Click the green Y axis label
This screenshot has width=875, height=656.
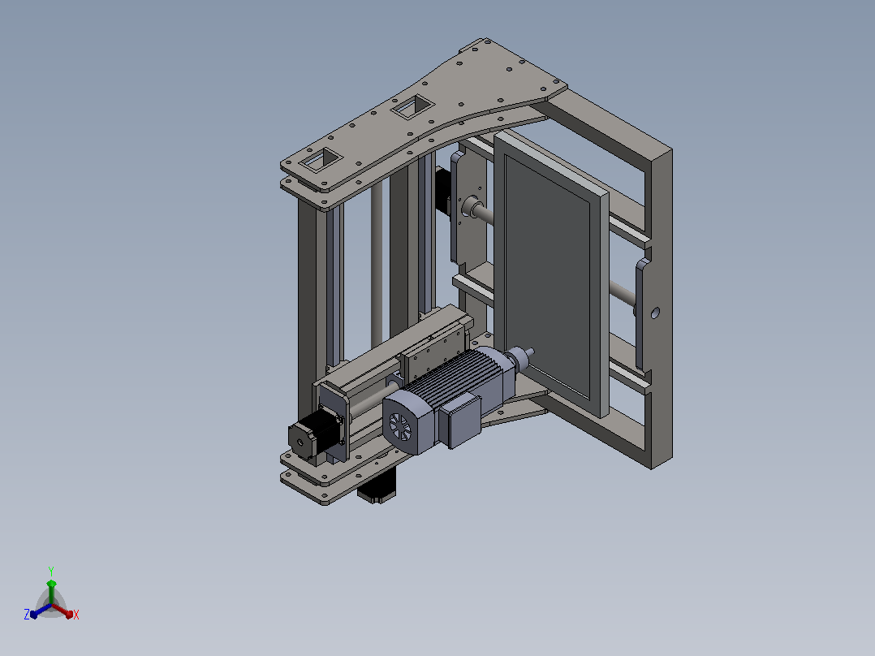click(x=51, y=571)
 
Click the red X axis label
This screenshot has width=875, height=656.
click(x=76, y=615)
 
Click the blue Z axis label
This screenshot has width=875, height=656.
click(x=27, y=615)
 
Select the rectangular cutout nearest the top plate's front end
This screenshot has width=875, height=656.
click(x=321, y=160)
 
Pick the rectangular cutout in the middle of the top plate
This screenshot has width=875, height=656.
click(x=413, y=106)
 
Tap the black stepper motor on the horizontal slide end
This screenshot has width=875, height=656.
click(x=313, y=434)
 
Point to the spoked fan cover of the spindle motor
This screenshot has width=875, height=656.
click(x=400, y=428)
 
